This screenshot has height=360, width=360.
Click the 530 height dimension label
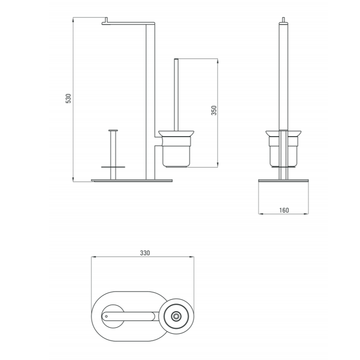[x=68, y=99]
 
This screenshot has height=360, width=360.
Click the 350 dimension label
[x=214, y=111]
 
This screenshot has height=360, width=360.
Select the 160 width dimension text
[x=284, y=210]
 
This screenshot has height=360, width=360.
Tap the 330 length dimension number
[x=145, y=253]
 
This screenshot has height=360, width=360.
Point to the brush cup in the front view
[x=176, y=152]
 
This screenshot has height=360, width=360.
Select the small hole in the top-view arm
[x=106, y=316]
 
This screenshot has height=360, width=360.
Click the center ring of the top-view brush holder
[x=176, y=316]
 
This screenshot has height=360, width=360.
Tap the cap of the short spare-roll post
[x=113, y=131]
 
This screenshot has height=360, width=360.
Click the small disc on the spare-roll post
[x=113, y=167]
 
